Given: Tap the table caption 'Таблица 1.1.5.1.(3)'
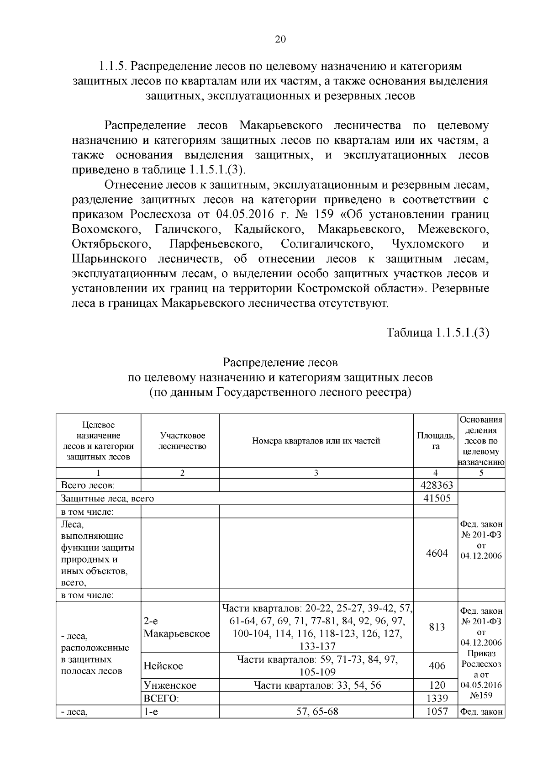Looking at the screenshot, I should point(438,332).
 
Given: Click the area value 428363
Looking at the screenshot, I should point(435,485).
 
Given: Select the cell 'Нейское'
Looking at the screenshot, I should point(163,665).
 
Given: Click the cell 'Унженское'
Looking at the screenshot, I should point(170,685).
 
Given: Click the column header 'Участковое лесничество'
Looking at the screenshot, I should point(182,441).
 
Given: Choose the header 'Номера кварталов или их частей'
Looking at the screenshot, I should point(316,441).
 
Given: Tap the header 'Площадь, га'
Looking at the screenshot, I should point(435,441).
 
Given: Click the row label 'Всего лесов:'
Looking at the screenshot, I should point(88,485).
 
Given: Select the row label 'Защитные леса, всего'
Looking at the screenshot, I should point(107,498).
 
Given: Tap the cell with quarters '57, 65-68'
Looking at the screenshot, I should point(317,711).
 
